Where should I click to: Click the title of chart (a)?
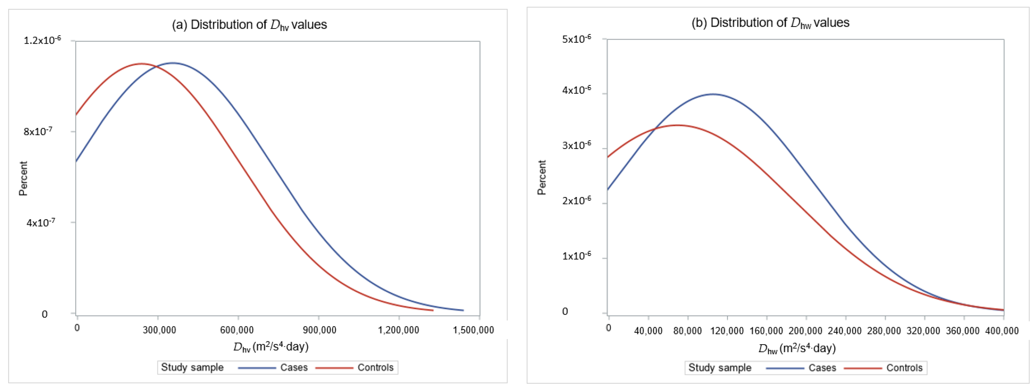[249, 25]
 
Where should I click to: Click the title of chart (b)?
[770, 23]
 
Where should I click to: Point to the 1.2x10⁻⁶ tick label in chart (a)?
[42, 40]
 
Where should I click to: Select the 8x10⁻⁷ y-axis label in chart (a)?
[38, 132]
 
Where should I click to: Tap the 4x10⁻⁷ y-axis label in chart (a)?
[40, 222]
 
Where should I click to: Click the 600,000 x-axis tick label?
[237, 330]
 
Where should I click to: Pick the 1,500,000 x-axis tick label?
[473, 330]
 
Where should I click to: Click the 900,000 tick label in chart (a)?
[319, 330]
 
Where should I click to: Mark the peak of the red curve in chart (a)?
[142, 64]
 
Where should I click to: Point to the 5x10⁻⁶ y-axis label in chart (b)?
[576, 39]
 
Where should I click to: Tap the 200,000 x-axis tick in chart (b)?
[805, 331]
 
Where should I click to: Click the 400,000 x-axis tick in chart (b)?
[1002, 331]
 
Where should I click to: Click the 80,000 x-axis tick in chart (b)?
[687, 331]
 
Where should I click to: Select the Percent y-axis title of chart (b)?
[542, 177]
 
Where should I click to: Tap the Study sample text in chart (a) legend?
[192, 367]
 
